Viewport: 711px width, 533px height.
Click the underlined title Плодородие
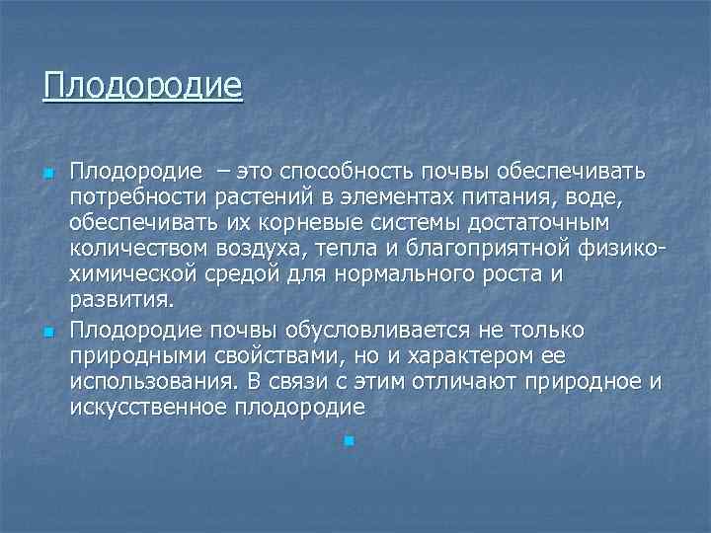coord(142,85)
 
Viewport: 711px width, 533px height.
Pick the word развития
coord(122,302)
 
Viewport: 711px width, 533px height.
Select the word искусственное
coord(147,406)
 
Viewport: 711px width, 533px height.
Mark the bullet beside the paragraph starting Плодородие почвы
coord(45,330)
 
